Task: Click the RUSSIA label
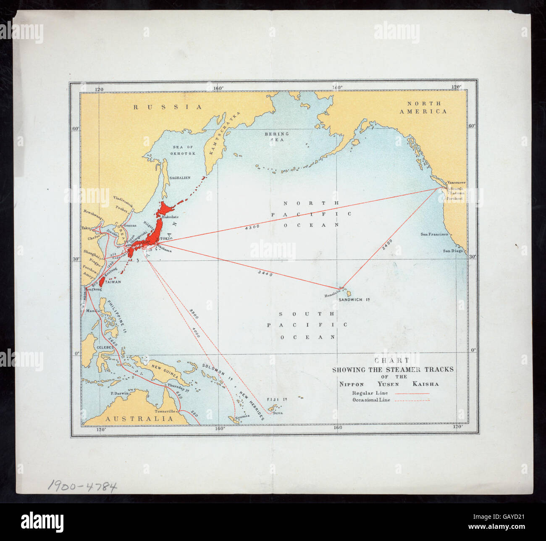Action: (168, 107)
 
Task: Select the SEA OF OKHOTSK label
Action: (184, 150)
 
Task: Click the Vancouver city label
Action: (457, 183)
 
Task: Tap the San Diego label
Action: (453, 251)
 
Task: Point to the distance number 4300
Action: (252, 227)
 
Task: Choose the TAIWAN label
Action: (113, 282)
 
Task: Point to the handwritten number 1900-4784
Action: (82, 486)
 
